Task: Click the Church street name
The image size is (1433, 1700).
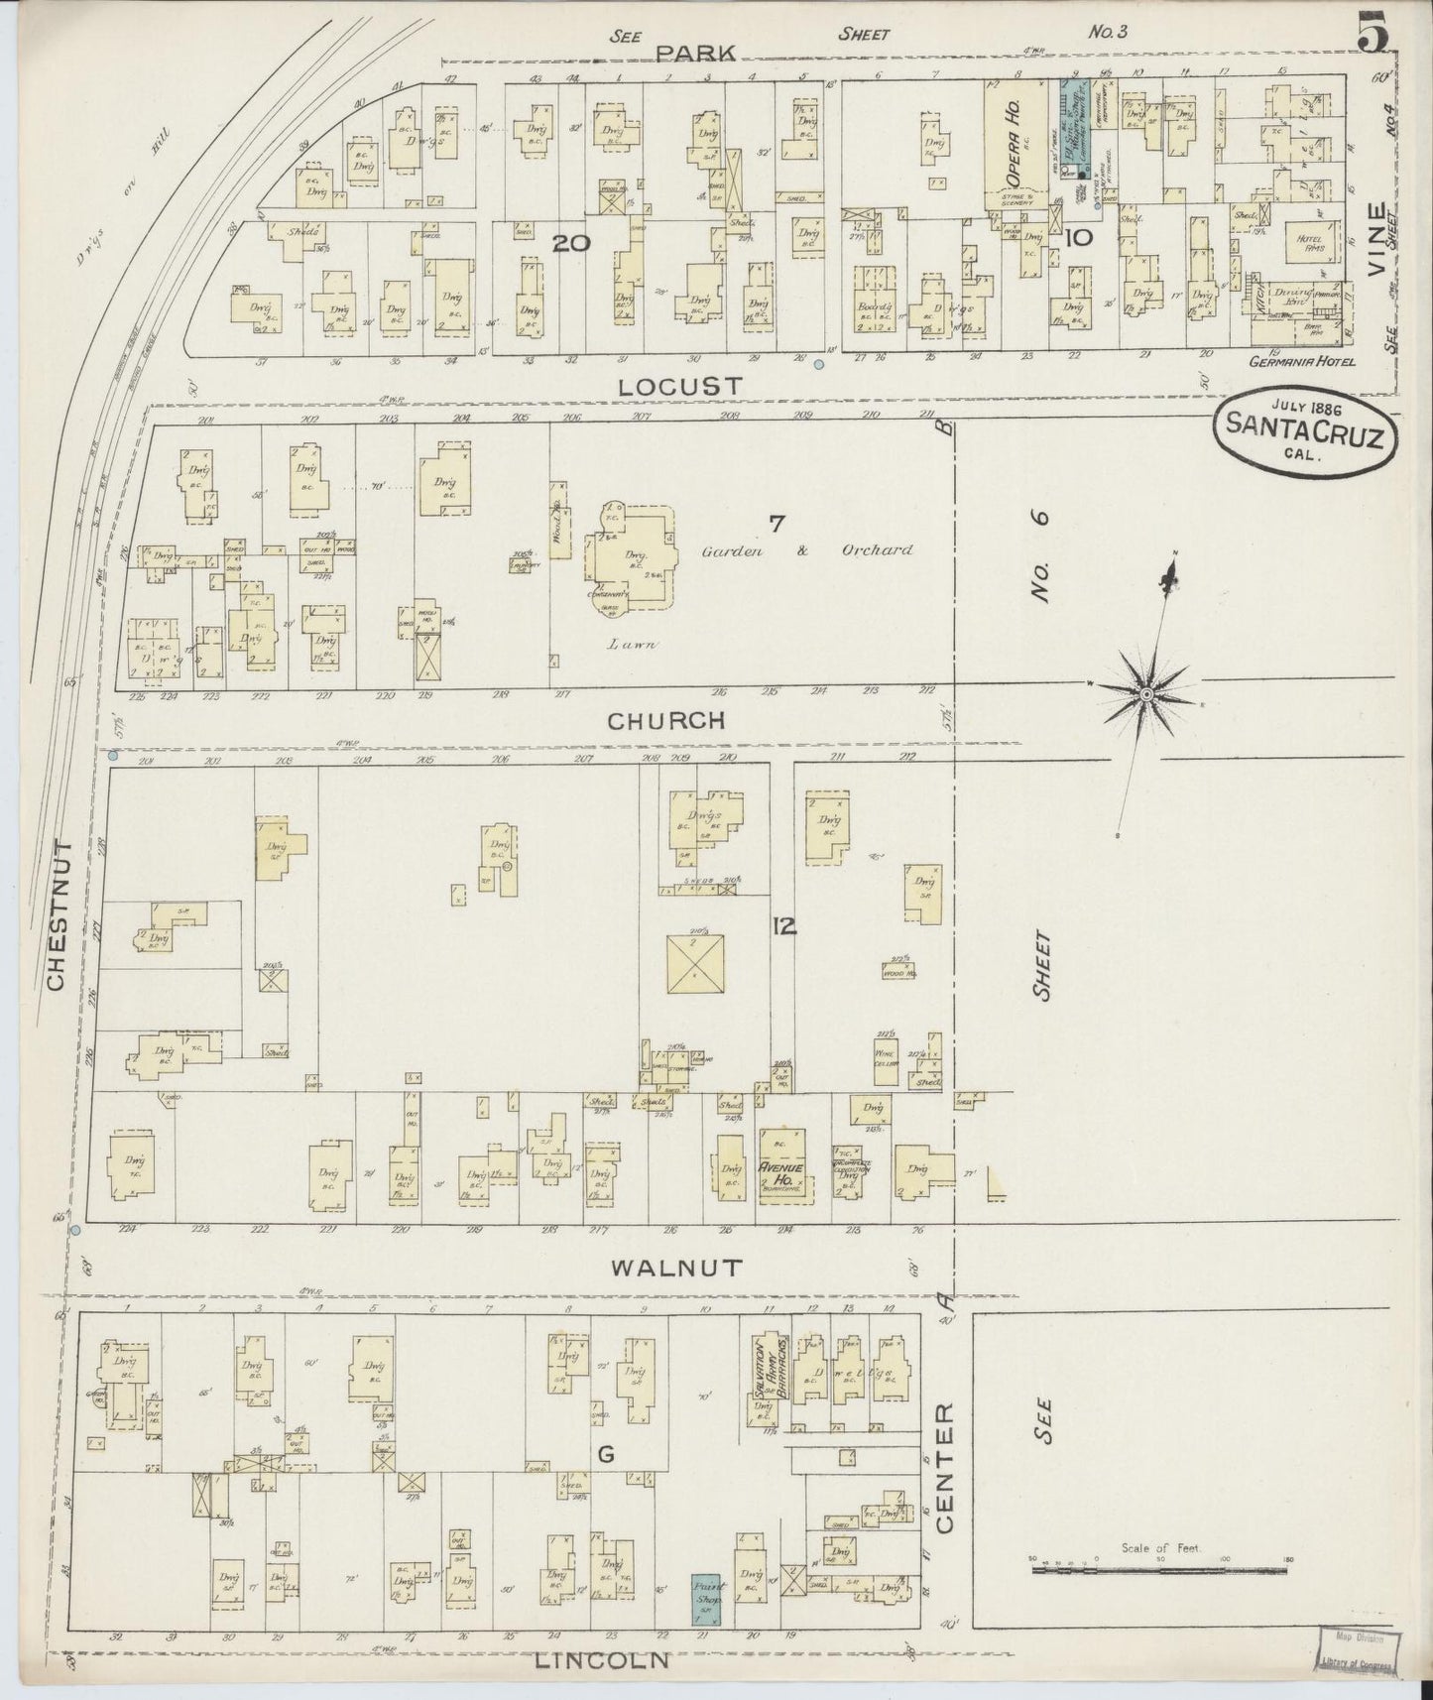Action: pyautogui.click(x=666, y=721)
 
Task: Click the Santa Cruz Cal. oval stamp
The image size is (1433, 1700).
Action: pyautogui.click(x=1305, y=436)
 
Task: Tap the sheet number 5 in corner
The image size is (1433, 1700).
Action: pyautogui.click(x=1373, y=36)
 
